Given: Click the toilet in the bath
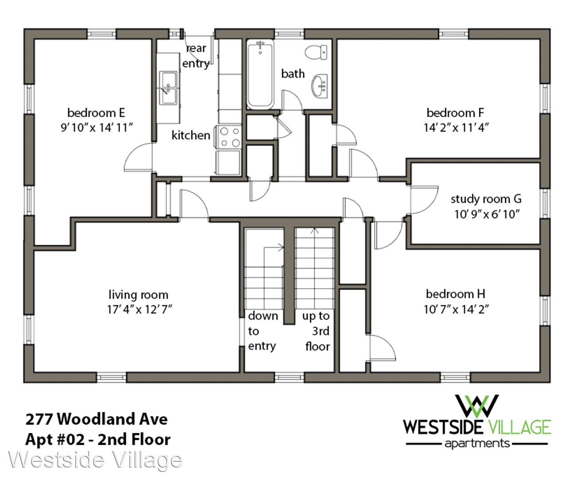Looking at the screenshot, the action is (x=316, y=52).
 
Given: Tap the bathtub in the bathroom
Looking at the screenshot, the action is (x=260, y=74).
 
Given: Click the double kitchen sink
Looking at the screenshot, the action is (x=168, y=88).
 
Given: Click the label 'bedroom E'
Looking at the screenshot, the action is (x=96, y=113).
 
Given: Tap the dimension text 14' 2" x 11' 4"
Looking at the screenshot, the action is (x=456, y=128).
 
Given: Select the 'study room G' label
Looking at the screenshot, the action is (x=486, y=199).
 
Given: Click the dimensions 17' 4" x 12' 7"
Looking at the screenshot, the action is (x=140, y=309).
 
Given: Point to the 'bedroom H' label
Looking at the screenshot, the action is (x=455, y=294).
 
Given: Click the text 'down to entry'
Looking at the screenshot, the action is (x=263, y=331).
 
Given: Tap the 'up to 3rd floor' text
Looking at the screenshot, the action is (x=317, y=331).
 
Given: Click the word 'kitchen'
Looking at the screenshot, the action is (x=191, y=135).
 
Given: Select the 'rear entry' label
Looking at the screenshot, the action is (x=196, y=56).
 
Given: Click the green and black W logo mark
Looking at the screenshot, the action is (x=477, y=406).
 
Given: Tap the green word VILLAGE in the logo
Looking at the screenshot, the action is (x=520, y=428).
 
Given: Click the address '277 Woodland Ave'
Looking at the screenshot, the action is (x=97, y=419).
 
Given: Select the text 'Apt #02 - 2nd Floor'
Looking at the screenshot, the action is (x=98, y=440).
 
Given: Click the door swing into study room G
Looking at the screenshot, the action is (x=424, y=200).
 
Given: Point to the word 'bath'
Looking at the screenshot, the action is (x=293, y=74).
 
